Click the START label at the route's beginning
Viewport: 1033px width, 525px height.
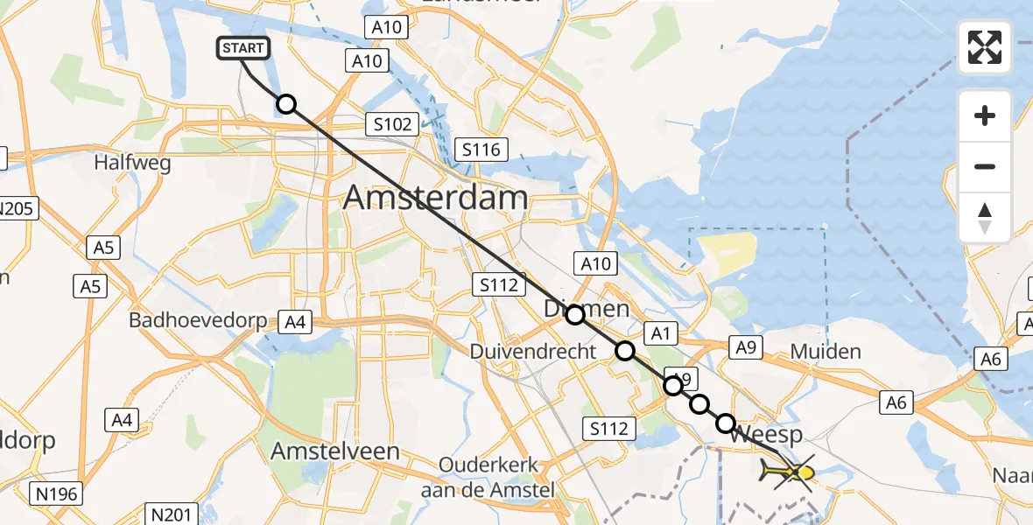click(242, 48)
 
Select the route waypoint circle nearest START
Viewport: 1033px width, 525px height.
click(286, 105)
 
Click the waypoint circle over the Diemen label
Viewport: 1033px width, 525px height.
click(575, 315)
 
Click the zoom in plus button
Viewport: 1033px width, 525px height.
click(985, 115)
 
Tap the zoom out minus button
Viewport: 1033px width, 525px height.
click(985, 166)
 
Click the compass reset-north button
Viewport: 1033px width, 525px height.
click(985, 217)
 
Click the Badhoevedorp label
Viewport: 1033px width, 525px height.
click(198, 320)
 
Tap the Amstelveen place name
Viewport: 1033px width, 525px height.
click(335, 451)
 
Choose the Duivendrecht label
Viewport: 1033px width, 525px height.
click(533, 352)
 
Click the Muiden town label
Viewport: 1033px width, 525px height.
click(826, 352)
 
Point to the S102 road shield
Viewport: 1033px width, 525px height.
click(392, 124)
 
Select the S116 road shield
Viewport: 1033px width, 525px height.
click(481, 150)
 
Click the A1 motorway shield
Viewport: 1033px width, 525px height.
click(661, 332)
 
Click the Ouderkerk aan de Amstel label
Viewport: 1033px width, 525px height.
click(488, 478)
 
